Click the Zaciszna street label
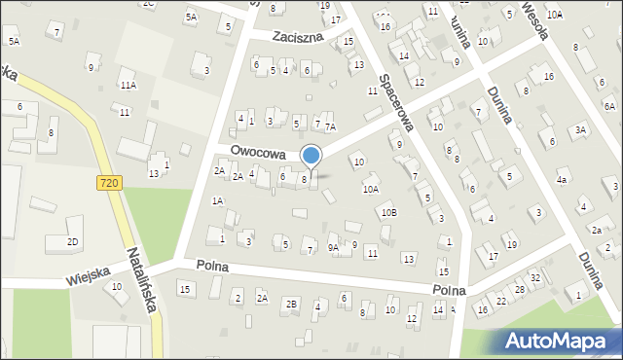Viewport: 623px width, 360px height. coord(299,36)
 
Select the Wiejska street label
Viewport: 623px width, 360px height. coord(89,277)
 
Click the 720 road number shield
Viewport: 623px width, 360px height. coord(110,182)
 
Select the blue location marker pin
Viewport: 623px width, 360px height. coord(311,156)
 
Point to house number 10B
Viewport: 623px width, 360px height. coord(388,212)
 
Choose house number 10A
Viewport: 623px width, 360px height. coord(371,190)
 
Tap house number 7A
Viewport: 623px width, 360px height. coord(330,126)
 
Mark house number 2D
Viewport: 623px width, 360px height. coord(72,241)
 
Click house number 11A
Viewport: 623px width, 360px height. coord(128,86)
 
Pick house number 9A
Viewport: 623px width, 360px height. coord(334,247)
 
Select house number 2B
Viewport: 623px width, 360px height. coord(290,304)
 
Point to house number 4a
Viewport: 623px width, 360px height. coord(562,180)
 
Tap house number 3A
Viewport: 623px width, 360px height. coord(580,129)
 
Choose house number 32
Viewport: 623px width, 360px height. coord(534,278)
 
